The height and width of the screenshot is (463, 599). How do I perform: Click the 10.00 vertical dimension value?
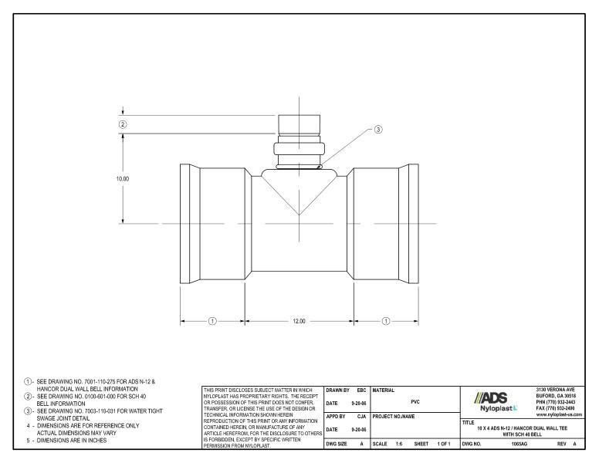[122, 178]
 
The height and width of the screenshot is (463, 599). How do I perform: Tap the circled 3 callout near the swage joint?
[377, 130]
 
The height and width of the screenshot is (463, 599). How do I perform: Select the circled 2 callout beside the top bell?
[122, 123]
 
